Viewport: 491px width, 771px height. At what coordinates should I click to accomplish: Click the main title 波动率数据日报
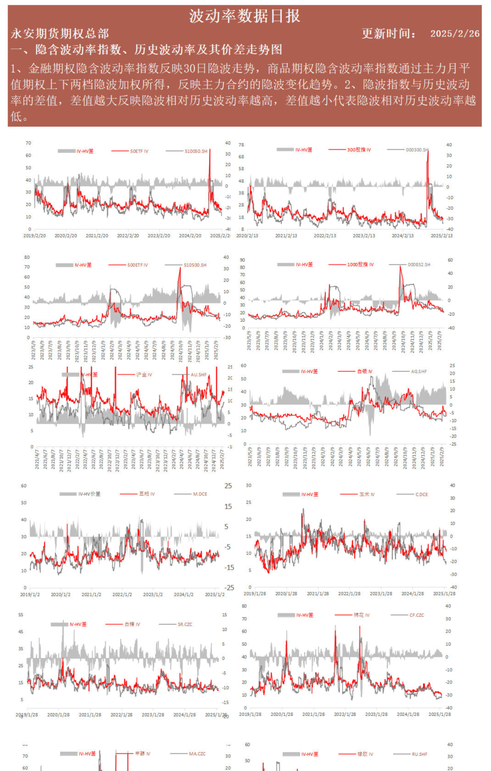coord(245,17)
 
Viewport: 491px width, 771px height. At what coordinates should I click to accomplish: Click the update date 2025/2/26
coord(454,34)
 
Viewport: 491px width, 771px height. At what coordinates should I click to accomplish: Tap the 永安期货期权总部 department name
coord(60,34)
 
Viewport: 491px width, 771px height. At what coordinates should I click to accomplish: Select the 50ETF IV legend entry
coord(139,151)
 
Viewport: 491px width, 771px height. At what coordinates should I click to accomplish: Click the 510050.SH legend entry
coord(196,151)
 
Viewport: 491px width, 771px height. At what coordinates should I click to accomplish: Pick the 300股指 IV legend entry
coord(359,150)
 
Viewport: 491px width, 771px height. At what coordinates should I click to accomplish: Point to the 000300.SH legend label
coord(417,150)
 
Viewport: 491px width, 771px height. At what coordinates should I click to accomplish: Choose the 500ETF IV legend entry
coord(138,265)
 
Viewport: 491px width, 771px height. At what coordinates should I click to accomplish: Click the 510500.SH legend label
coord(195,265)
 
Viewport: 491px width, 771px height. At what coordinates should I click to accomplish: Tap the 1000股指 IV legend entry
coord(360,264)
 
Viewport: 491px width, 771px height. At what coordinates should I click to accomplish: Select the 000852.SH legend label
coord(419,264)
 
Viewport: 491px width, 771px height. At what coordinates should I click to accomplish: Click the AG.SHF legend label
coord(418,371)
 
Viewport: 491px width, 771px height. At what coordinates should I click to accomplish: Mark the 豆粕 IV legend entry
coord(147,494)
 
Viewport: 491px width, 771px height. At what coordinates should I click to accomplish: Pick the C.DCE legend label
coord(421,494)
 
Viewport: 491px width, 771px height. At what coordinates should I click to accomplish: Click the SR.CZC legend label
coord(185,624)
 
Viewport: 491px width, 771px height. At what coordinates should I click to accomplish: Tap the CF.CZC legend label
coord(417,615)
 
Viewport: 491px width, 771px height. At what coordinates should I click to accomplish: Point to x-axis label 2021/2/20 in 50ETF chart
coord(97,235)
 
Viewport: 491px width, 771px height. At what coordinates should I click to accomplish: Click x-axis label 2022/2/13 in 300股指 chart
coord(325,235)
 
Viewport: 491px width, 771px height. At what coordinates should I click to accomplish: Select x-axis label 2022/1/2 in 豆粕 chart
coord(122,594)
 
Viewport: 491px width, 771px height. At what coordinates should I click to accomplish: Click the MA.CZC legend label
coord(197,754)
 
